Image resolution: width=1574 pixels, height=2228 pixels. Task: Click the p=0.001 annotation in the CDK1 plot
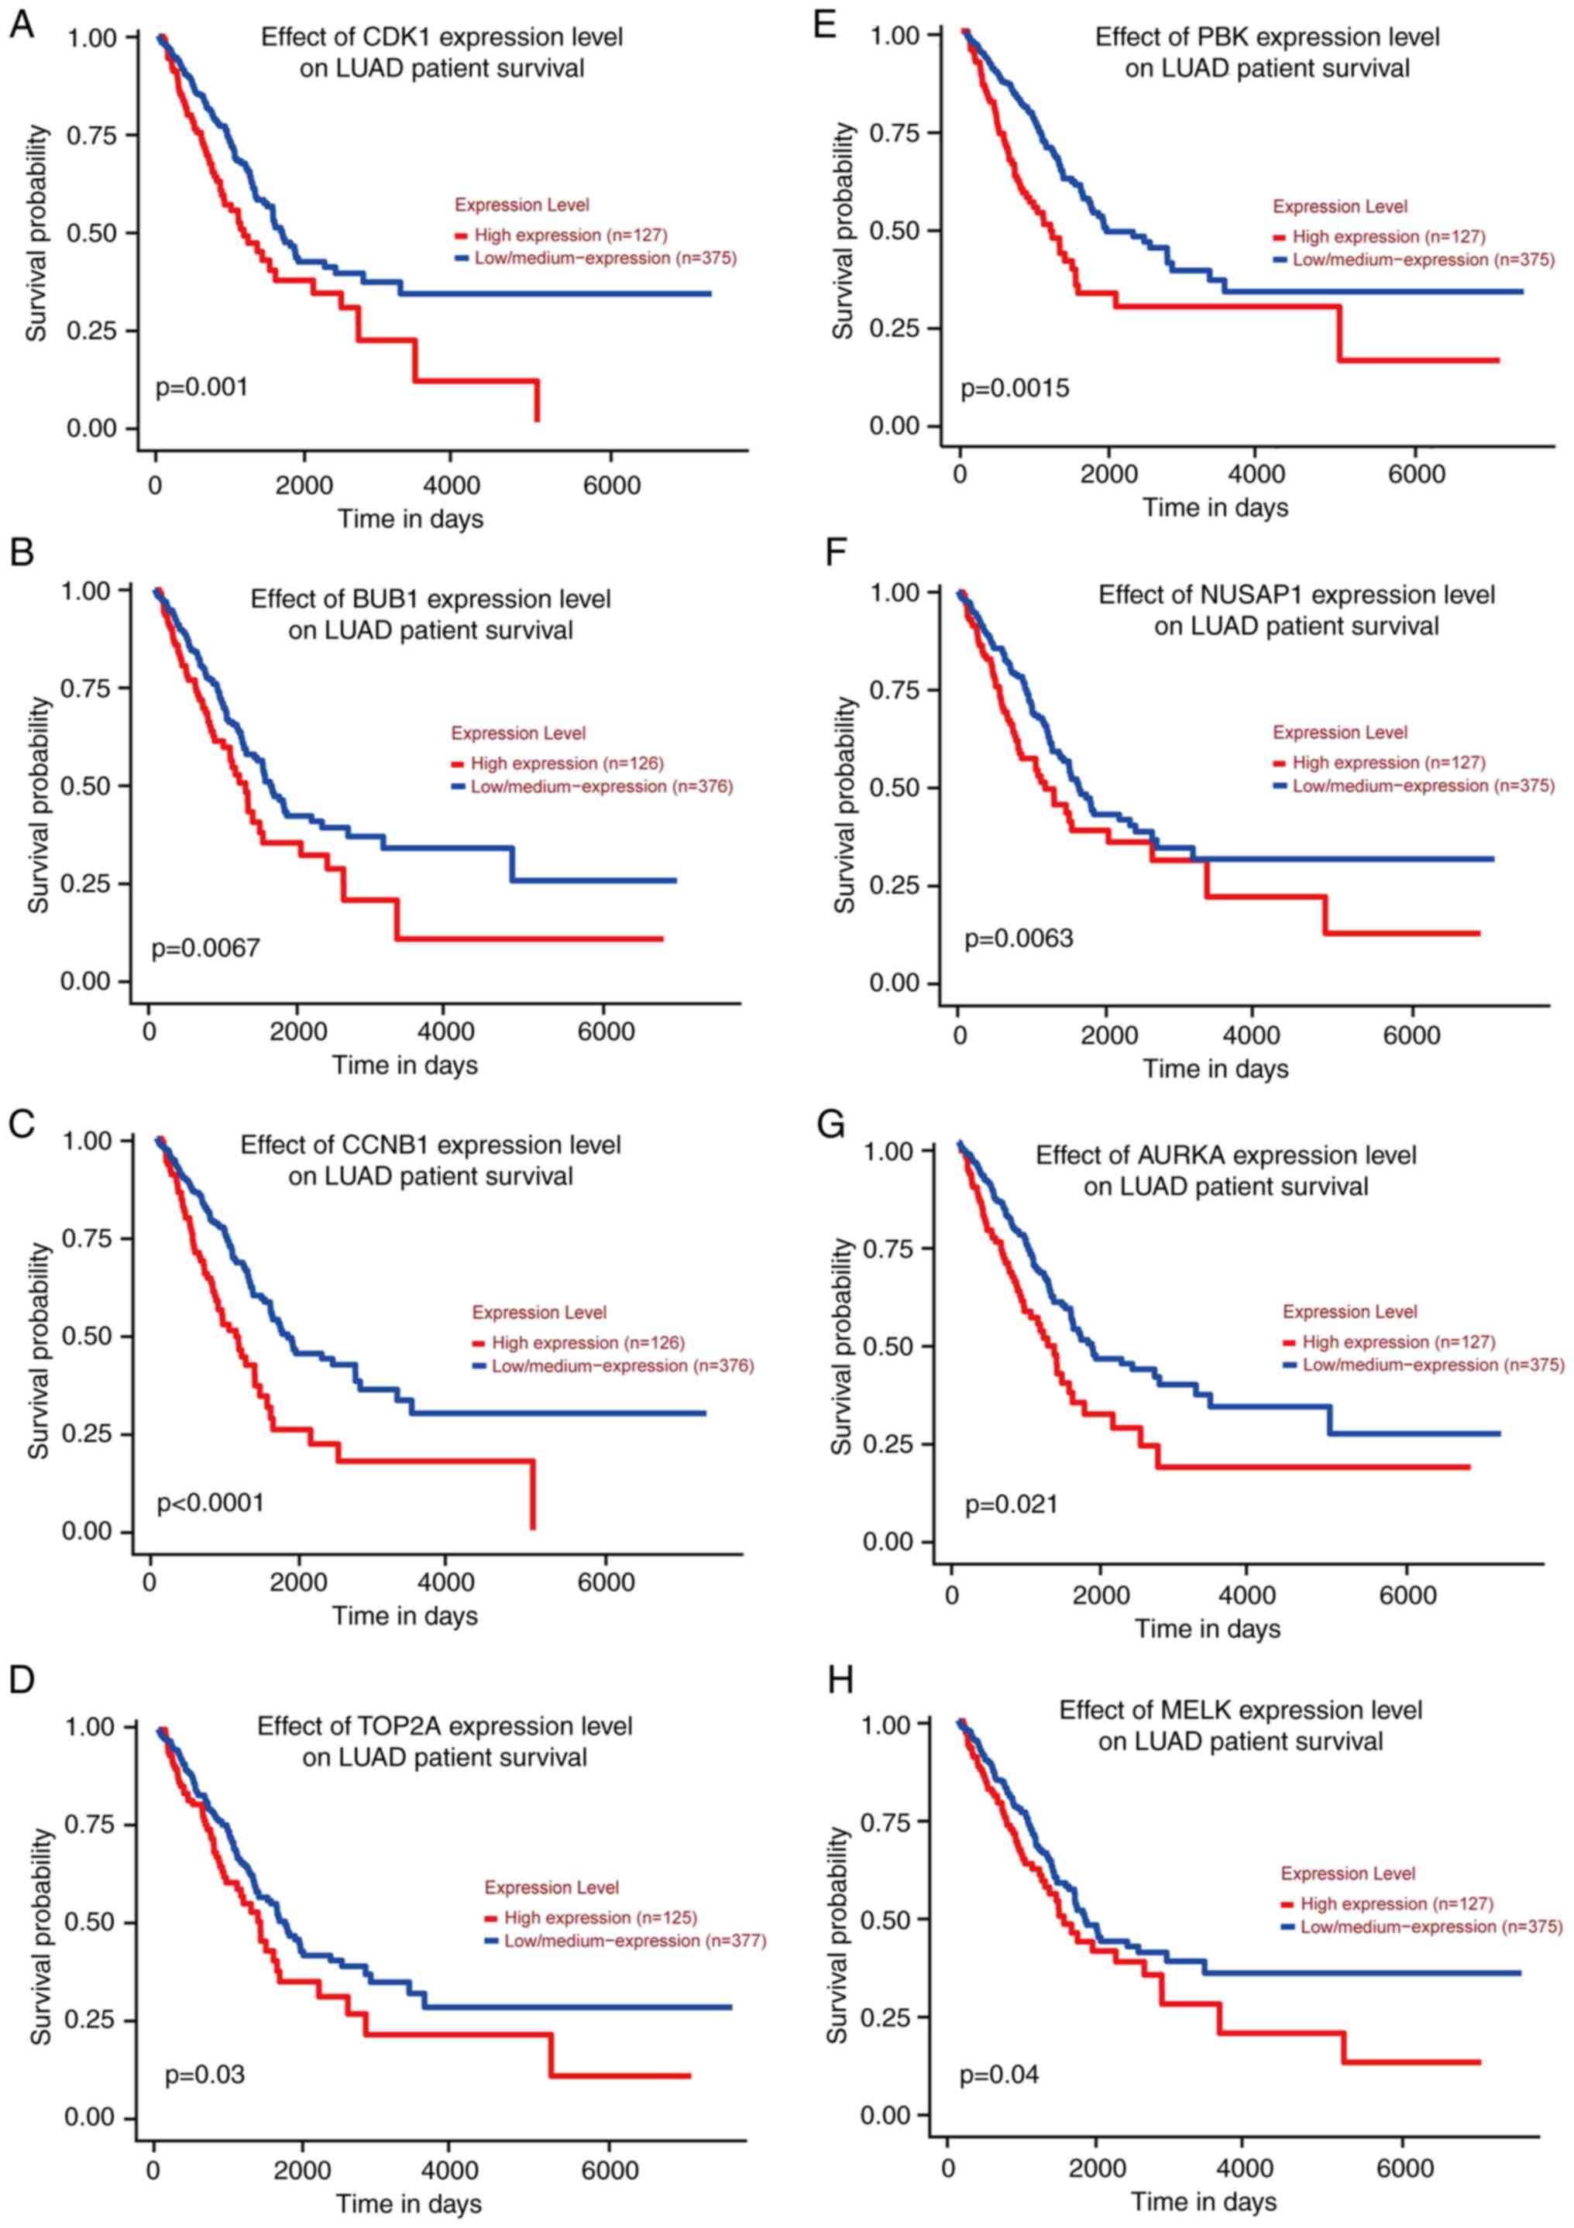coord(202,388)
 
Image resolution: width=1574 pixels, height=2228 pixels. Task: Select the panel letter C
coord(22,1124)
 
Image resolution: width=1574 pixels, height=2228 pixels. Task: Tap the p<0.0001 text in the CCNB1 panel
coord(211,1503)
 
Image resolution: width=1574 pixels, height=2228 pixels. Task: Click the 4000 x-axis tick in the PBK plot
coord(1256,475)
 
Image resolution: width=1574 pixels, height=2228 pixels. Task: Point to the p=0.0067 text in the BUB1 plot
coord(206,948)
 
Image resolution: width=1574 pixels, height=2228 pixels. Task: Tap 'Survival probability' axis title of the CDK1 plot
coord(37,233)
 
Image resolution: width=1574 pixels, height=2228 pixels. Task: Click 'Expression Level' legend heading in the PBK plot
coord(1339,207)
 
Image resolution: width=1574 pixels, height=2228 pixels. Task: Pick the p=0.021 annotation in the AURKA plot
coord(1011,1505)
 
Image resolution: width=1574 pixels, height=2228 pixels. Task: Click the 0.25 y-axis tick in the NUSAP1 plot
coord(899,885)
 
